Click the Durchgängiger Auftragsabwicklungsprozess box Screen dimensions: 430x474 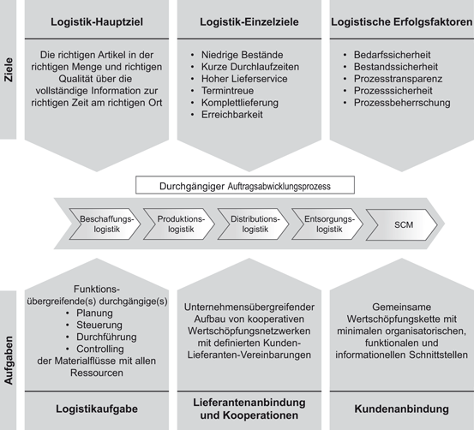(245, 185)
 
